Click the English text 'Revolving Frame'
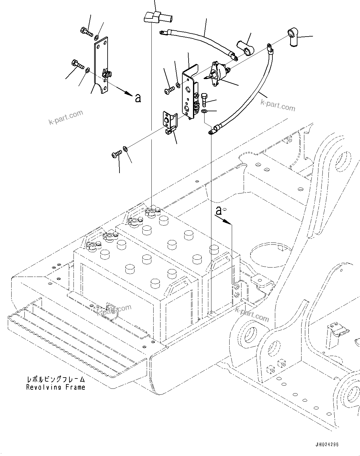[x=55, y=387]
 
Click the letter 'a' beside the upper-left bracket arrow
[x=138, y=98]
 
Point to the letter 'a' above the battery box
[x=219, y=211]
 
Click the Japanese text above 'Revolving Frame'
[x=55, y=380]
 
